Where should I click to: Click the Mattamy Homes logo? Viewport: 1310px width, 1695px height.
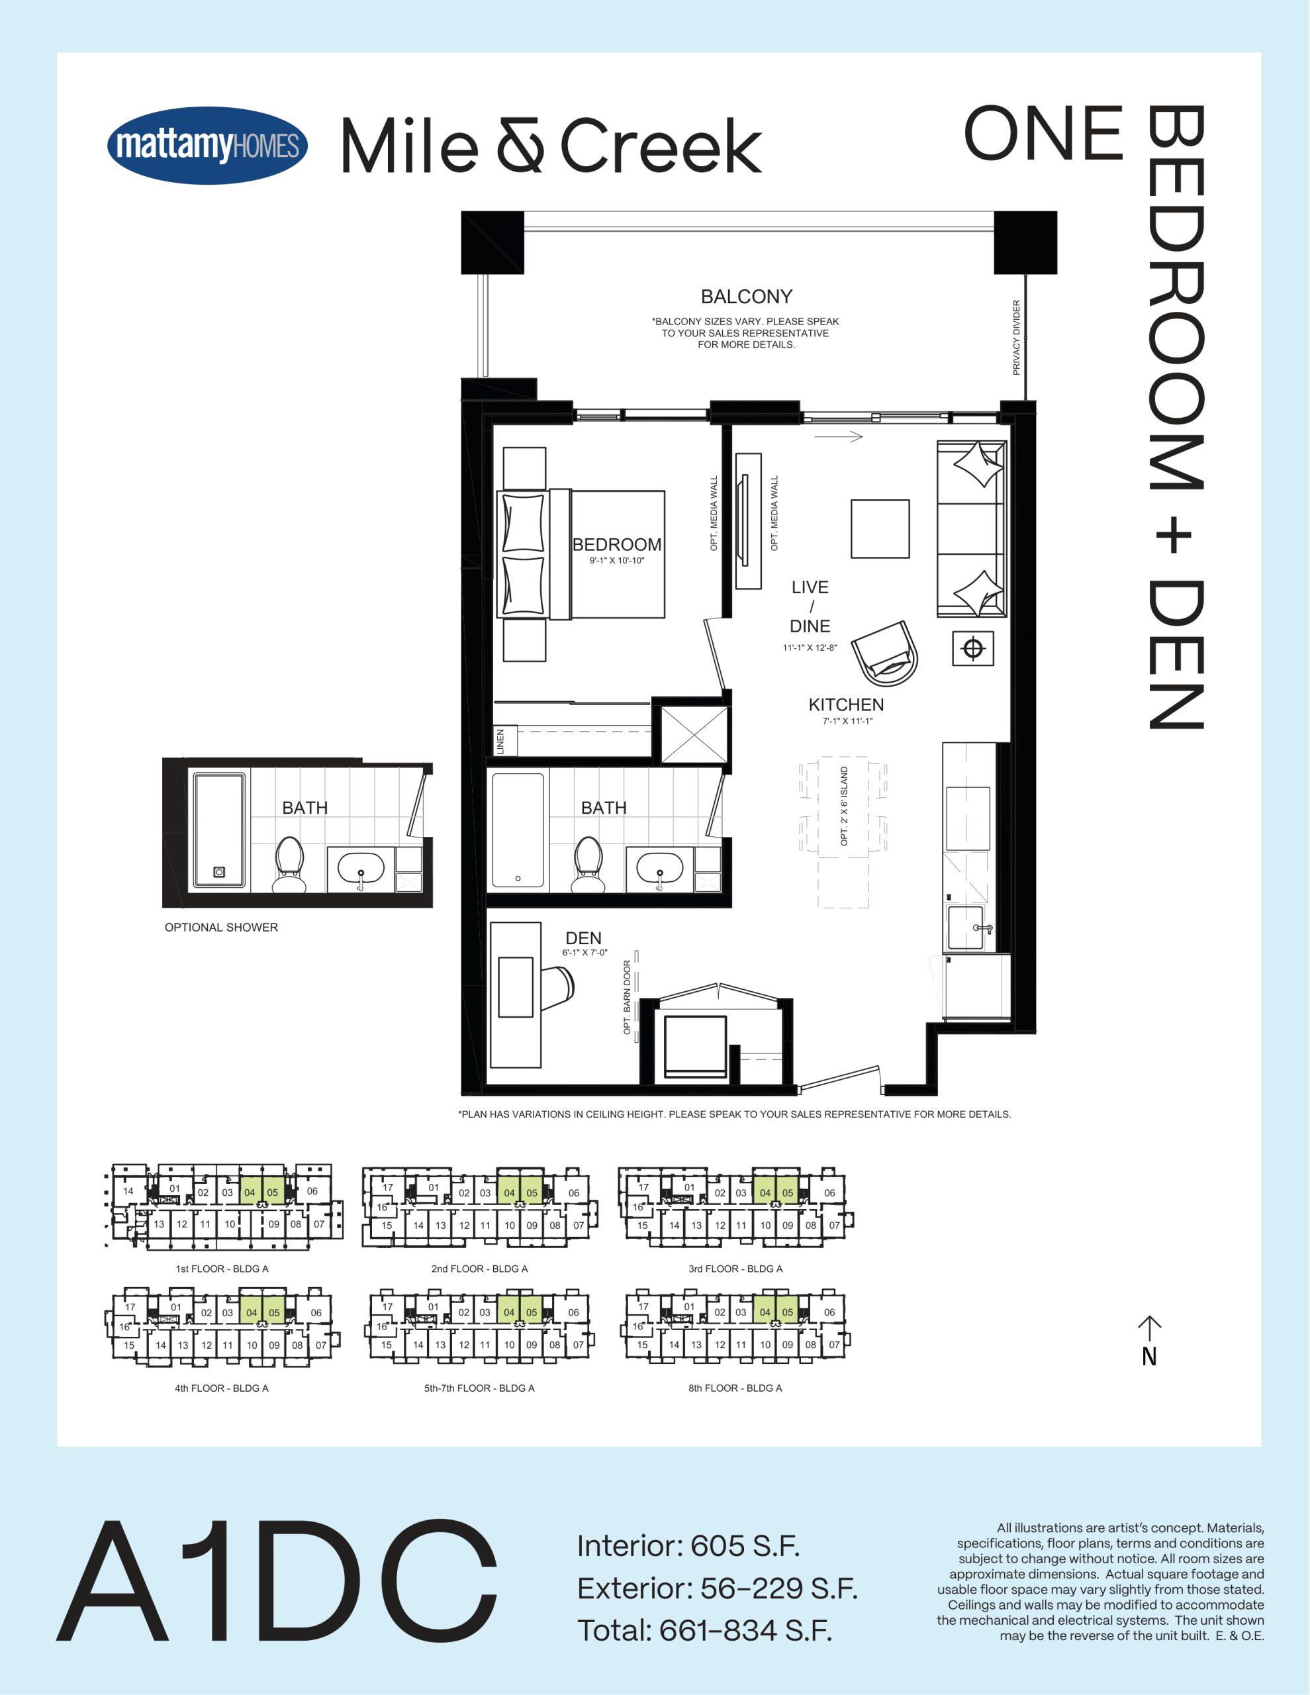click(x=207, y=145)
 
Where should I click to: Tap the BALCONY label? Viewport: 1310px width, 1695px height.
click(x=747, y=297)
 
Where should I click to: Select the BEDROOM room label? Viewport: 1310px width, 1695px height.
click(x=617, y=545)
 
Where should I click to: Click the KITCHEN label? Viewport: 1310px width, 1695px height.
click(x=846, y=704)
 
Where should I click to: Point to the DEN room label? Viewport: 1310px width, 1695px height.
click(x=584, y=938)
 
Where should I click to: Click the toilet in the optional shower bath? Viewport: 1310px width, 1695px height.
click(x=289, y=865)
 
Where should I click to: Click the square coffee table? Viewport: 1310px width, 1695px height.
click(x=880, y=528)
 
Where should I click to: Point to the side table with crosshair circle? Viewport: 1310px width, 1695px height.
click(x=973, y=648)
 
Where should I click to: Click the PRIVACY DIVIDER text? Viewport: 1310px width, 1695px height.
click(x=1017, y=338)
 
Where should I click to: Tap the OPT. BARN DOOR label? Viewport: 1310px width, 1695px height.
click(x=627, y=997)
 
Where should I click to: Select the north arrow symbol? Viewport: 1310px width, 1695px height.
click(x=1149, y=1341)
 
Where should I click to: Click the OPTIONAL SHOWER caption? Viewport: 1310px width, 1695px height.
click(x=221, y=928)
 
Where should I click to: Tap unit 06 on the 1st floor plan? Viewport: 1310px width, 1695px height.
click(x=312, y=1190)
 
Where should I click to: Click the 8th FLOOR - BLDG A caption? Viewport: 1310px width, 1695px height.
click(x=735, y=1388)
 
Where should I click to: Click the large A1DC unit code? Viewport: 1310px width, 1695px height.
click(x=277, y=1579)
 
